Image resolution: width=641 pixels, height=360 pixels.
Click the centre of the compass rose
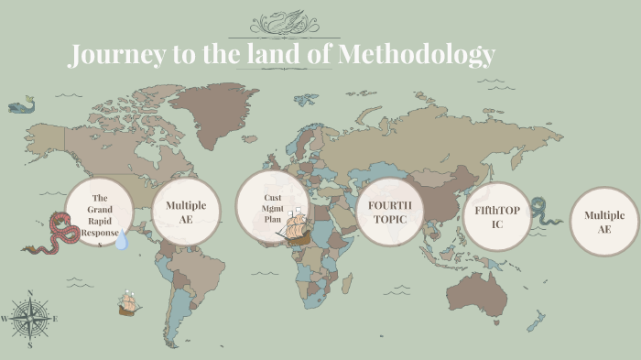(x=30, y=319)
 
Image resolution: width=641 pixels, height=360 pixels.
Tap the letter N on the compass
(x=30, y=294)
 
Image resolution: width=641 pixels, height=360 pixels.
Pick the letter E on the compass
(x=55, y=319)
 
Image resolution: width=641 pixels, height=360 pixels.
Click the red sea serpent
(x=57, y=233)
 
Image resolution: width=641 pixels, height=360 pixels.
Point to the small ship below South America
(x=127, y=304)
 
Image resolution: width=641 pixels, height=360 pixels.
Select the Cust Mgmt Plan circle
(x=271, y=207)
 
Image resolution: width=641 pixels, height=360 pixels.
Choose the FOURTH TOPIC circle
(x=389, y=212)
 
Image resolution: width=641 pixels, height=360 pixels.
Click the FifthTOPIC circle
(x=497, y=216)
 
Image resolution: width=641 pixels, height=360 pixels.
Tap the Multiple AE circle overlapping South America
(x=187, y=212)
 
